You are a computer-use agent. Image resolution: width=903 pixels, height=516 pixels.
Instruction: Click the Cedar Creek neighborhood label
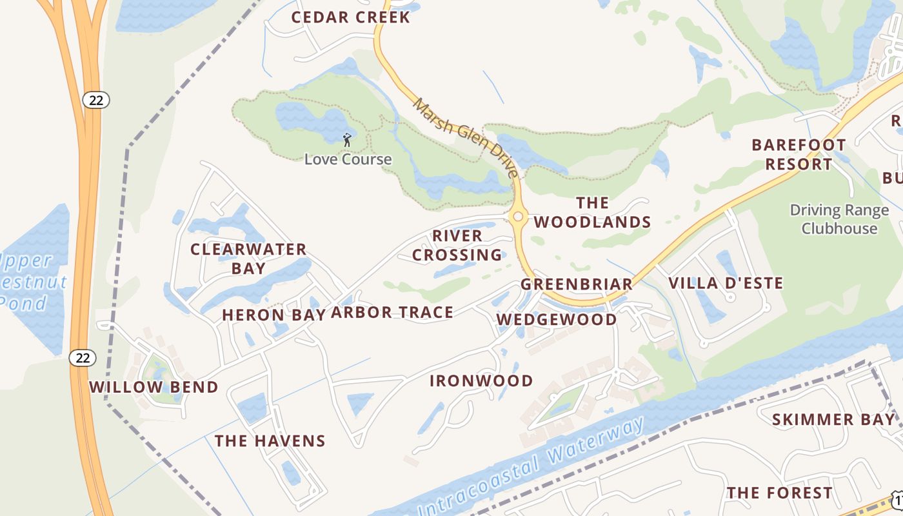[x=350, y=17]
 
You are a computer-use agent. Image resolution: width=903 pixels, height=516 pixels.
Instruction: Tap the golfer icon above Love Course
[x=347, y=139]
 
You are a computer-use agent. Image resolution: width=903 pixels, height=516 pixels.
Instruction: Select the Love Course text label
[x=348, y=159]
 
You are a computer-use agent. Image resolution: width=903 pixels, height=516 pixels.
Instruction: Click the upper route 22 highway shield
[x=96, y=100]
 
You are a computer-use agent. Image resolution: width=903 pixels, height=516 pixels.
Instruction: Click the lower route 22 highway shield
[x=83, y=358]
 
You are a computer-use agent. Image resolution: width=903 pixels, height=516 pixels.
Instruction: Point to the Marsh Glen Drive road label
[x=465, y=137]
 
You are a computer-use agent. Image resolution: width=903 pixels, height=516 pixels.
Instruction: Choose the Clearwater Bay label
[x=248, y=258]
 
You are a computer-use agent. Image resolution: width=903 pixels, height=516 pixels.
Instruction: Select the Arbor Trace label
[x=392, y=313]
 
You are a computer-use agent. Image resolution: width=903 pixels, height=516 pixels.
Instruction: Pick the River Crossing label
[x=457, y=245]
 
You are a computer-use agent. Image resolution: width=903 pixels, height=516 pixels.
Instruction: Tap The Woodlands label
[x=592, y=213]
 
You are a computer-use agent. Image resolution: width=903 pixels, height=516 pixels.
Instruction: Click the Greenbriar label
[x=577, y=284]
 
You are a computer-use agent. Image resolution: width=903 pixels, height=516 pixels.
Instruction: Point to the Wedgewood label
[x=556, y=319]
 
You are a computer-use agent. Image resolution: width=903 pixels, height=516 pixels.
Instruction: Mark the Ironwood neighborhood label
[x=481, y=381]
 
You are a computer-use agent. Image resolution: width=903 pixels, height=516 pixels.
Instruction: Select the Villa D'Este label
[x=726, y=283]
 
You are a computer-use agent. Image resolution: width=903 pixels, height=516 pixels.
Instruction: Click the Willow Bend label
[x=154, y=387]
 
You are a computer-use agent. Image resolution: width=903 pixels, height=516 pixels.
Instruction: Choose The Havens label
[x=270, y=441]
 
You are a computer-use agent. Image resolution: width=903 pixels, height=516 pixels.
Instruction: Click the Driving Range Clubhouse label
[x=839, y=219]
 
